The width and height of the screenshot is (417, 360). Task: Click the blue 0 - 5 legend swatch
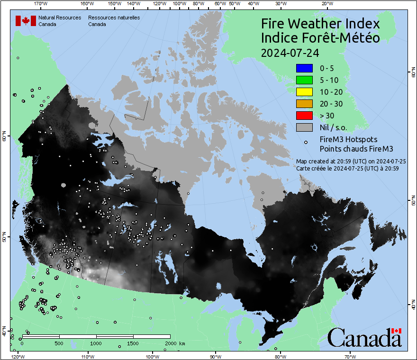tap(304, 68)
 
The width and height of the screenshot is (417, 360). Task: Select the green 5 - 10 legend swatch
tap(304, 80)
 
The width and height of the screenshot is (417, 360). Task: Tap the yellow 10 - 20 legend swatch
tap(304, 92)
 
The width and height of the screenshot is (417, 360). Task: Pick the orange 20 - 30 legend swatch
tap(304, 104)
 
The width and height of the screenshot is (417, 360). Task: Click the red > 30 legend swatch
tap(304, 115)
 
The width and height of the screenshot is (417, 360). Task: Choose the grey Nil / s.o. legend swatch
tap(304, 127)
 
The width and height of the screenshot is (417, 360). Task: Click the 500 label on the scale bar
tap(59, 343)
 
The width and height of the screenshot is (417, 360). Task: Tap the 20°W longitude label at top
tap(326, 3)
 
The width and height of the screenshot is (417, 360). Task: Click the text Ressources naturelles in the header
tap(114, 18)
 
